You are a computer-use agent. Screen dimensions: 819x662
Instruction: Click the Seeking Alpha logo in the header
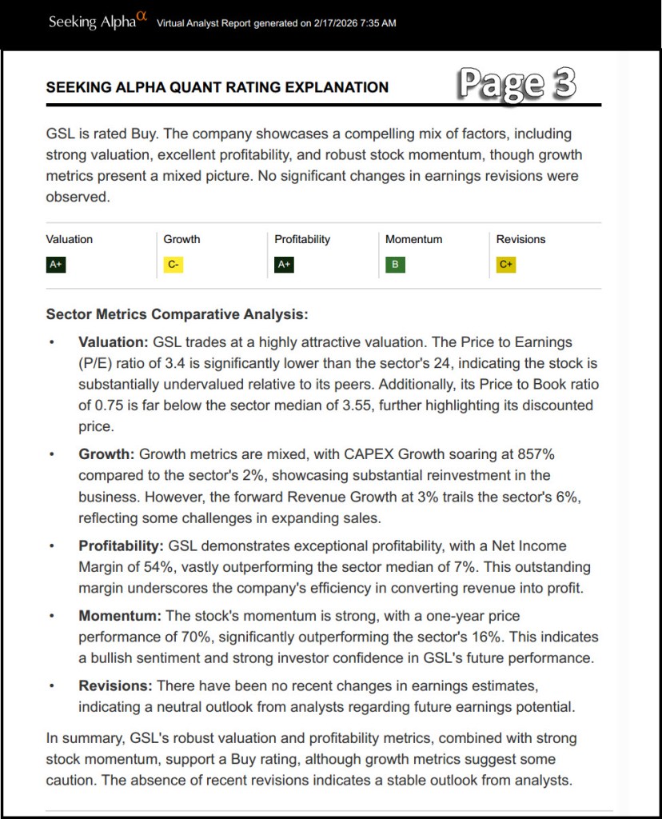click(98, 22)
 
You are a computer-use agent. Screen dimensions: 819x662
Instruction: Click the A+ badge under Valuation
click(55, 265)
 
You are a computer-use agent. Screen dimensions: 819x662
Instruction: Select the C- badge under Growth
click(173, 265)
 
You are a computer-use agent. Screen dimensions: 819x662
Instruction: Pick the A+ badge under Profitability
click(284, 265)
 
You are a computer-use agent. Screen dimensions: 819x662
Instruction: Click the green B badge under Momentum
click(395, 265)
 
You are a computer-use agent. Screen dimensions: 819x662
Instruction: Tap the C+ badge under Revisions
click(505, 265)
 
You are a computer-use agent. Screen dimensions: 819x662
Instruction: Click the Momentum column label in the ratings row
click(413, 239)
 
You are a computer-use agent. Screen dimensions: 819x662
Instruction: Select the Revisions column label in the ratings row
click(520, 239)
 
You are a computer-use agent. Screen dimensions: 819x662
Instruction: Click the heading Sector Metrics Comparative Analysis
click(177, 314)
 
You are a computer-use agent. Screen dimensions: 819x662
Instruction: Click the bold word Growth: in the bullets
click(106, 455)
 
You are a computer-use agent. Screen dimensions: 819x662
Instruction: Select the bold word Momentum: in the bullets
click(120, 617)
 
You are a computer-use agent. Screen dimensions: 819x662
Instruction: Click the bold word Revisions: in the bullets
click(115, 686)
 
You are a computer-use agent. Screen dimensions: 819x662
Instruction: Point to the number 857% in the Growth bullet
click(535, 455)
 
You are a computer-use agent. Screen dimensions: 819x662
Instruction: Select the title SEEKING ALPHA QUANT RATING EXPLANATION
click(217, 87)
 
